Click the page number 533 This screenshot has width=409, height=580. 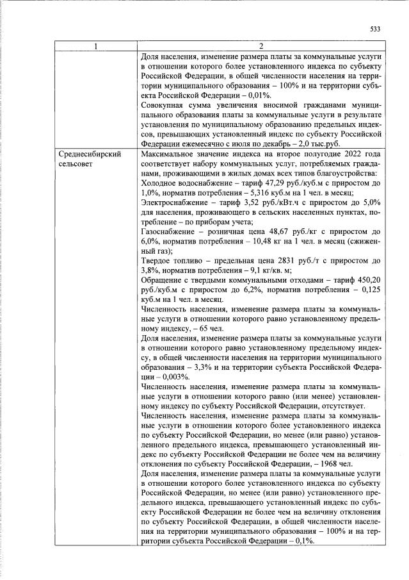click(x=376, y=28)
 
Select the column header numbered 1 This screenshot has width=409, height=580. click(x=96, y=46)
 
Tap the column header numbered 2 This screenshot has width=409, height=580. click(x=261, y=46)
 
